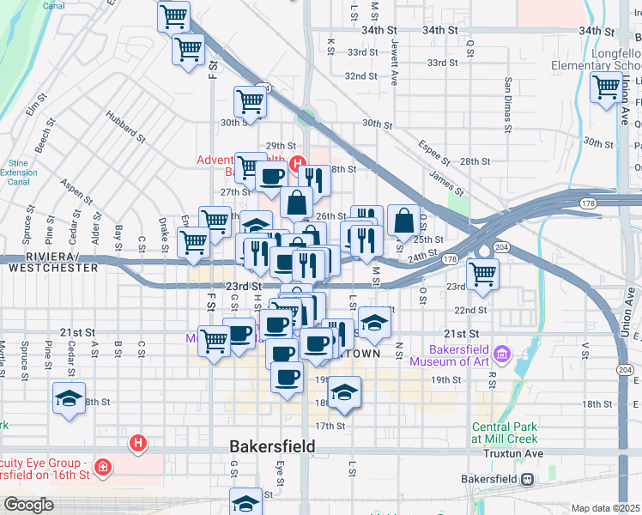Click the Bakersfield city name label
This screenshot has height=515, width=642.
pyautogui.click(x=272, y=446)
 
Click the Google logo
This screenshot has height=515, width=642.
pyautogui.click(x=28, y=505)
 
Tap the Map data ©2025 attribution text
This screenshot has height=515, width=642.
pyautogui.click(x=605, y=508)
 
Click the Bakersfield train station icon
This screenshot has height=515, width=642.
pyautogui.click(x=530, y=478)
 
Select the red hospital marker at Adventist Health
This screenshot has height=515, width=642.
pyautogui.click(x=298, y=164)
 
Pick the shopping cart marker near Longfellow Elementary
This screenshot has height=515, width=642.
pyautogui.click(x=606, y=86)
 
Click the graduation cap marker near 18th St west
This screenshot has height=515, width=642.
pyautogui.click(x=68, y=398)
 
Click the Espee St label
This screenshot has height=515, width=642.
pyautogui.click(x=436, y=151)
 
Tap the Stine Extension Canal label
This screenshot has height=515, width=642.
pyautogui.click(x=18, y=171)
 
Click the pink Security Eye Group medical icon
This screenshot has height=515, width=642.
pyautogui.click(x=102, y=468)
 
